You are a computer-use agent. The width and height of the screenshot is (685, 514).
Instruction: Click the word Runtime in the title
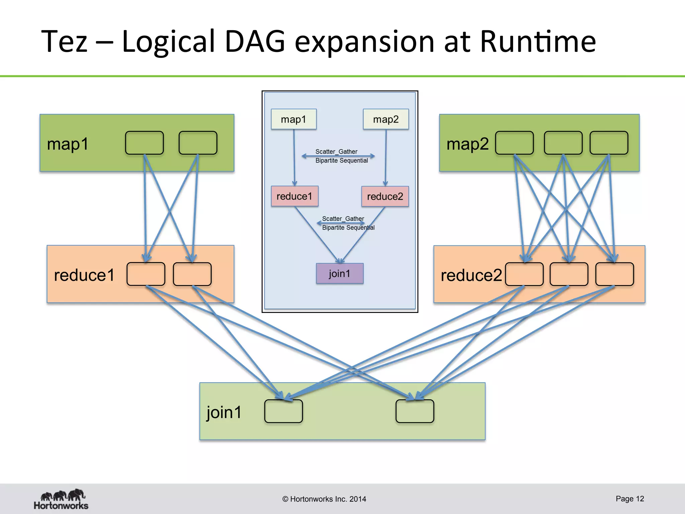point(537,41)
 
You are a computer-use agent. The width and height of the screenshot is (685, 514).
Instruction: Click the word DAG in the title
point(255,41)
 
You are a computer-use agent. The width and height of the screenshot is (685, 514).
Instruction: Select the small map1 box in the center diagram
point(294,119)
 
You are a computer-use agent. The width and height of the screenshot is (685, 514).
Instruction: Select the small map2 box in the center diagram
point(386,119)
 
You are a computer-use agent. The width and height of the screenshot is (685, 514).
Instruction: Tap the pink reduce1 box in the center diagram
point(294,196)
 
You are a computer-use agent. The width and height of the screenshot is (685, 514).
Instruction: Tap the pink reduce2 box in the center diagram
point(385,196)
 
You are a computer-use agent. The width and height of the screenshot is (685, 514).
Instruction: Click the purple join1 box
point(339,273)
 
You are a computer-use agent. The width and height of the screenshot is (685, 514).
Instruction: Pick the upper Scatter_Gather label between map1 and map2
point(336,152)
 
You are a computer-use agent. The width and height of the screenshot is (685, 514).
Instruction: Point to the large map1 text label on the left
point(68,144)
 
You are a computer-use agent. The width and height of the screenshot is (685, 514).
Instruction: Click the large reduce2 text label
point(471,275)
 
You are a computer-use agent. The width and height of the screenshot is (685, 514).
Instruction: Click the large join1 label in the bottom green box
point(224,412)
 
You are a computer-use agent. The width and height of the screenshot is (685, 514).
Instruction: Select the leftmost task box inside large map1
point(144,143)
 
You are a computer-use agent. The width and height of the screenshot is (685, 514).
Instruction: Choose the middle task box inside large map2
point(563,143)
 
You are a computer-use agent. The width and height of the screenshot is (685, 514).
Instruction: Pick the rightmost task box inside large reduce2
point(614,274)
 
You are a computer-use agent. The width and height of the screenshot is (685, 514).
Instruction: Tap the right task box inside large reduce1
point(192,274)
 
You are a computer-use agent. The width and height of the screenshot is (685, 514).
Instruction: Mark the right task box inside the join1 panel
point(415,411)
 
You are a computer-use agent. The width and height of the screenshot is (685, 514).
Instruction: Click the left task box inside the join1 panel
point(283,411)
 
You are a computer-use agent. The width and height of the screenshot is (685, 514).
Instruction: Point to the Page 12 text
point(629,499)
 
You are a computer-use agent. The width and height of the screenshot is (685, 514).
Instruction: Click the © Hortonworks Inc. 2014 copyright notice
point(324,499)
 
